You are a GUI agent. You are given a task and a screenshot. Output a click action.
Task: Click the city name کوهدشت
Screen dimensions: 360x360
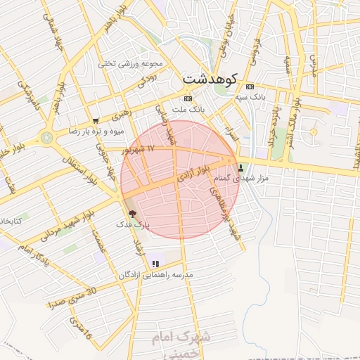tap(210, 78)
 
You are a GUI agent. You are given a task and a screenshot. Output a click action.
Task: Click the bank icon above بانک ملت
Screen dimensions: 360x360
tap(187, 98)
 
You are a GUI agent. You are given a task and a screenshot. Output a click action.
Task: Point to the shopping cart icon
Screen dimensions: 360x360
tap(96, 121)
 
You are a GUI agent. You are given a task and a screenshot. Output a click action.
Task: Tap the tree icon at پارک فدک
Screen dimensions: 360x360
tap(132, 213)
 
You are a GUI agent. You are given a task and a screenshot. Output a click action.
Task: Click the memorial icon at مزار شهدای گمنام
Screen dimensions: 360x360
tap(242, 168)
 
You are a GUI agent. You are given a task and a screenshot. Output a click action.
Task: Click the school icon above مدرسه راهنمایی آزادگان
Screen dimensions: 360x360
tap(155, 264)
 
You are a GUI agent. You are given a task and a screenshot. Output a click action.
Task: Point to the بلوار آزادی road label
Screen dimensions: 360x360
tap(193, 172)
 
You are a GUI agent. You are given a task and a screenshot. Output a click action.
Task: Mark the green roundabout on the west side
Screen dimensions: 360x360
tap(47, 137)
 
